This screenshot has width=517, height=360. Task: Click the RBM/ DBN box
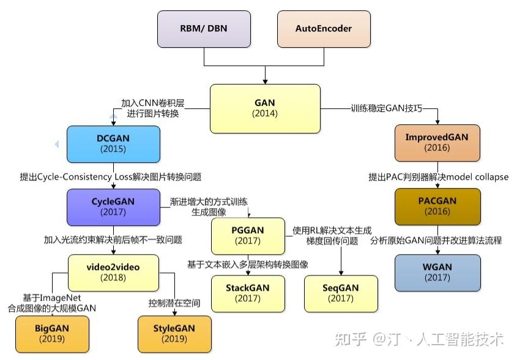[x=204, y=29]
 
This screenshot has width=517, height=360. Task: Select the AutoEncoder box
[x=324, y=29]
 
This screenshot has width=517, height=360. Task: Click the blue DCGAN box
[x=113, y=143]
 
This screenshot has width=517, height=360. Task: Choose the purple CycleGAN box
[x=113, y=206]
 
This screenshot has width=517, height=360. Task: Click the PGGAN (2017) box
[x=248, y=235]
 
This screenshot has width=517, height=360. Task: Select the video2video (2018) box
[x=113, y=272]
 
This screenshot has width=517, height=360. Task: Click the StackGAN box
[x=248, y=293]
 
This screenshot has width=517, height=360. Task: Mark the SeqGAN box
[x=341, y=293]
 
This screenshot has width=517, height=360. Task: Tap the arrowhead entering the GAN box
[x=265, y=81]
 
